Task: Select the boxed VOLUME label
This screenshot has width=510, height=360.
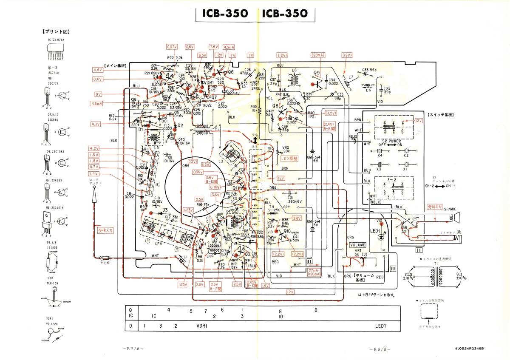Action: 357,245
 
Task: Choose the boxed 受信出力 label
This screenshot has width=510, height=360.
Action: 436,206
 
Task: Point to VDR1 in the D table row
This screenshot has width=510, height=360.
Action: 201,326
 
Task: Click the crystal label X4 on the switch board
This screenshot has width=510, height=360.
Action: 379,156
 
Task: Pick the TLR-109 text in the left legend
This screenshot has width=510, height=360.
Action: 52,282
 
